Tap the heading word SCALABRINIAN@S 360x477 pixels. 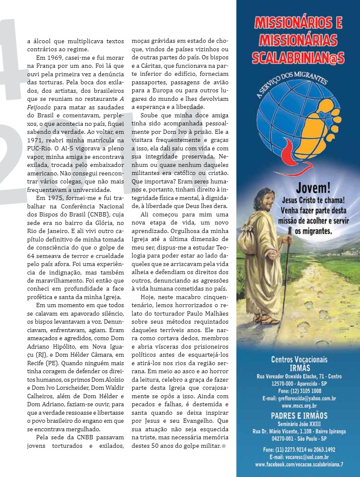click(298, 57)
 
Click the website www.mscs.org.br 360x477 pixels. click(299, 405)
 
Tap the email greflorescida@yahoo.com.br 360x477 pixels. click(299, 398)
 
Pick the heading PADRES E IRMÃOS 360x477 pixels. click(299, 415)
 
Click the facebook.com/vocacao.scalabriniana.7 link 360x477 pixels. click(299, 464)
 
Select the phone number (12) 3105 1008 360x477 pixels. click(299, 391)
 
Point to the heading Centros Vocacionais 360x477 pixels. click(299, 359)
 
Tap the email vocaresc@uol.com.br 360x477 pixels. click(299, 458)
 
